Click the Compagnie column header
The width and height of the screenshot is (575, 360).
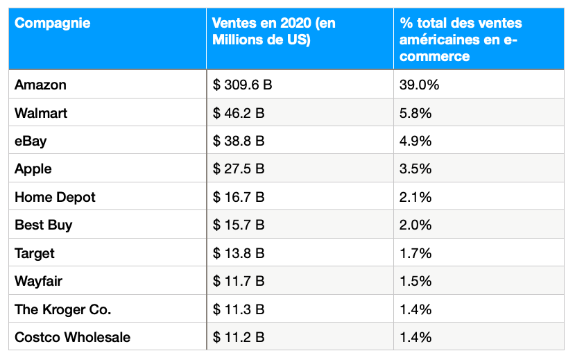click(x=52, y=24)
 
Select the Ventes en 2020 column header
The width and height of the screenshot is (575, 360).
click(x=274, y=31)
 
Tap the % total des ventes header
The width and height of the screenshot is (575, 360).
click(x=458, y=40)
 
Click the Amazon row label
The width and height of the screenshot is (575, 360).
click(x=40, y=85)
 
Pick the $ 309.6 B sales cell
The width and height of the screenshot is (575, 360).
click(x=242, y=85)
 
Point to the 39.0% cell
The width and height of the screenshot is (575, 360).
click(x=419, y=85)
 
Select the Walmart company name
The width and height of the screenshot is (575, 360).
click(x=41, y=113)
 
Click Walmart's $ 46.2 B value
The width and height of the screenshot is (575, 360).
click(x=239, y=113)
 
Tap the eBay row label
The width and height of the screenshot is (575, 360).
click(x=31, y=141)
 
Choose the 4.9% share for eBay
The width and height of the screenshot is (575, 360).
click(x=415, y=141)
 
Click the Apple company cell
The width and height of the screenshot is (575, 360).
click(x=33, y=169)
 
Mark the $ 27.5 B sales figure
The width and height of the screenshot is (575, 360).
click(x=239, y=169)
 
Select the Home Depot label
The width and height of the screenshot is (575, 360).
click(x=55, y=197)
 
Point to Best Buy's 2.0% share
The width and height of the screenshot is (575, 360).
click(x=415, y=225)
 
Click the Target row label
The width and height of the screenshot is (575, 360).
click(x=35, y=253)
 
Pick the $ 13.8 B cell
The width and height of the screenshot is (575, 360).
click(x=239, y=253)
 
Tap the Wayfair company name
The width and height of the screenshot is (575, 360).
click(x=38, y=281)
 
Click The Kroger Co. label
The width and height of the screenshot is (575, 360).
click(x=62, y=309)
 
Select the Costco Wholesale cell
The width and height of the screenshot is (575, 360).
click(x=72, y=337)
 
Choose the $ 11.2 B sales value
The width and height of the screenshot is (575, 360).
click(x=239, y=337)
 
